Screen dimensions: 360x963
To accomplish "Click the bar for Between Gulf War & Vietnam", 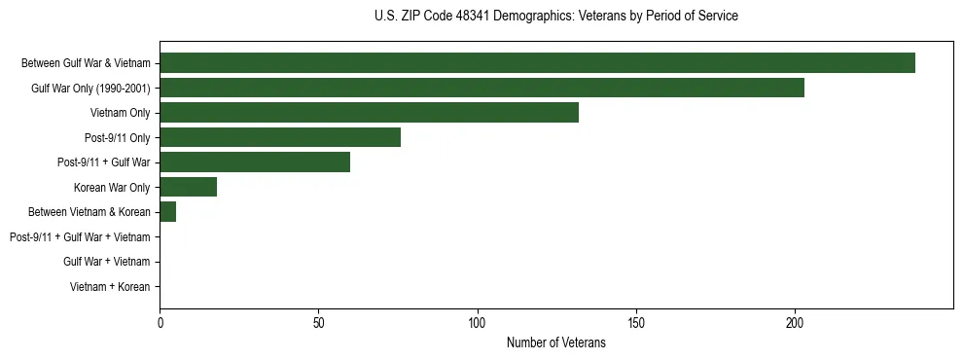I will click(537, 63).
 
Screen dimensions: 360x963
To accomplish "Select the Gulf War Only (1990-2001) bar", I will click(481, 88).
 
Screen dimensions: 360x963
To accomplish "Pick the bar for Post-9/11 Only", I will click(280, 137).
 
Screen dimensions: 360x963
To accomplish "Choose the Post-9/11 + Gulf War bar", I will click(255, 162).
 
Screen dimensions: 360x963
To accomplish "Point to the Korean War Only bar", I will click(188, 187).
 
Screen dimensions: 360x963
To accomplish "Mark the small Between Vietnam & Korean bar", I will click(167, 212).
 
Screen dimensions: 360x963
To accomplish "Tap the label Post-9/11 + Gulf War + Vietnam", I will click(80, 236).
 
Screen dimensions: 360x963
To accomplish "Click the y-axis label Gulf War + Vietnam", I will click(107, 262).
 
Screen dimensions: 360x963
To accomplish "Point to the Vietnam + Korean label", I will click(110, 287).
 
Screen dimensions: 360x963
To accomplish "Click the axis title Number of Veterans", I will click(555, 342).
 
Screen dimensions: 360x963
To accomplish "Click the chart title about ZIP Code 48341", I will click(555, 17).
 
